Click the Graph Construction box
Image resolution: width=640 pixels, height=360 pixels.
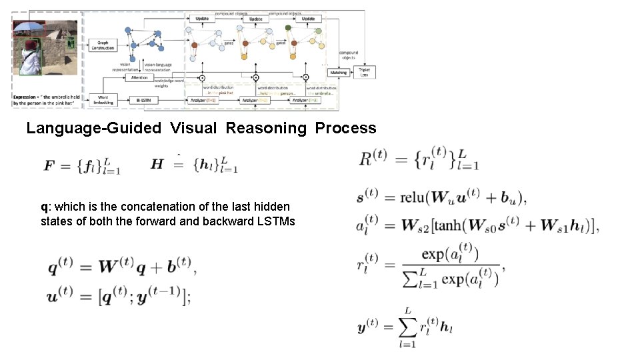point(103,45)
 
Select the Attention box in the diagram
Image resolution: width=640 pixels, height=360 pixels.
point(139,77)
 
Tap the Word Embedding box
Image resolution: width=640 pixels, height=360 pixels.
point(103,100)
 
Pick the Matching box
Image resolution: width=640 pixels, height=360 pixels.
point(338,73)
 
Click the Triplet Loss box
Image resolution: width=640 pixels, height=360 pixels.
point(364,71)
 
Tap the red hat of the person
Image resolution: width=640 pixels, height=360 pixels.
point(30,45)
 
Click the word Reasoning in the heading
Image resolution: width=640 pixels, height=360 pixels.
point(267,128)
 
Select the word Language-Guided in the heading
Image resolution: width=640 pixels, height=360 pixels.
point(93,128)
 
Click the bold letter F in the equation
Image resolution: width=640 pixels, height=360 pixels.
point(49,165)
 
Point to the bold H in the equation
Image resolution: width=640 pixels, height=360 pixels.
point(157,163)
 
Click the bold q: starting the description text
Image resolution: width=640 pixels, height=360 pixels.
point(45,207)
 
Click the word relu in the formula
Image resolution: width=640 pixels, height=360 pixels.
point(413,197)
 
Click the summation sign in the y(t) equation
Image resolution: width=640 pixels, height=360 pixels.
point(407,329)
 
